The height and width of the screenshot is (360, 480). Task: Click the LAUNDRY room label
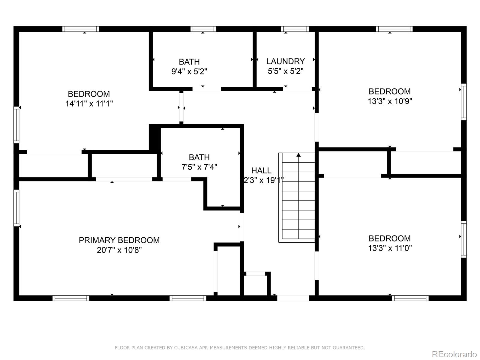[285, 61]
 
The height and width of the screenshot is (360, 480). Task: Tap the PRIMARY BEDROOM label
[119, 240]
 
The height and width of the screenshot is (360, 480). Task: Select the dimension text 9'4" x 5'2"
[189, 72]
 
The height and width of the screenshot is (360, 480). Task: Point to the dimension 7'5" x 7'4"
[199, 167]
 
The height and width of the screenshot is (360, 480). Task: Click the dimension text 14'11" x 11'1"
[89, 104]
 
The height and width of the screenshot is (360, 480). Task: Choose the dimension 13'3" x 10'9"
[390, 101]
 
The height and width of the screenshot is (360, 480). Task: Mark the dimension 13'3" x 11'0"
[390, 248]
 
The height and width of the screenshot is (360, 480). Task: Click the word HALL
[261, 171]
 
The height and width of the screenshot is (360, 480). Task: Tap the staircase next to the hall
[298, 198]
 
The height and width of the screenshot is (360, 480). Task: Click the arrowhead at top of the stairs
[298, 155]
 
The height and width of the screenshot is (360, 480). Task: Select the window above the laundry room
[295, 29]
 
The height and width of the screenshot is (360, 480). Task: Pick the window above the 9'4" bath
[203, 29]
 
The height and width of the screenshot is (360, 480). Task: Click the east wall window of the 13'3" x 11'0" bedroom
[463, 239]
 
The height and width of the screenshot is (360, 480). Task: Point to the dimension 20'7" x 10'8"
[119, 250]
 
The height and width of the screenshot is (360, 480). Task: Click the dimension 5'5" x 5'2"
[285, 71]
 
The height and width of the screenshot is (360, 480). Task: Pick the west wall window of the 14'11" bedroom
[16, 124]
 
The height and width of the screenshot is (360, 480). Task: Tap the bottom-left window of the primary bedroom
[71, 298]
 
